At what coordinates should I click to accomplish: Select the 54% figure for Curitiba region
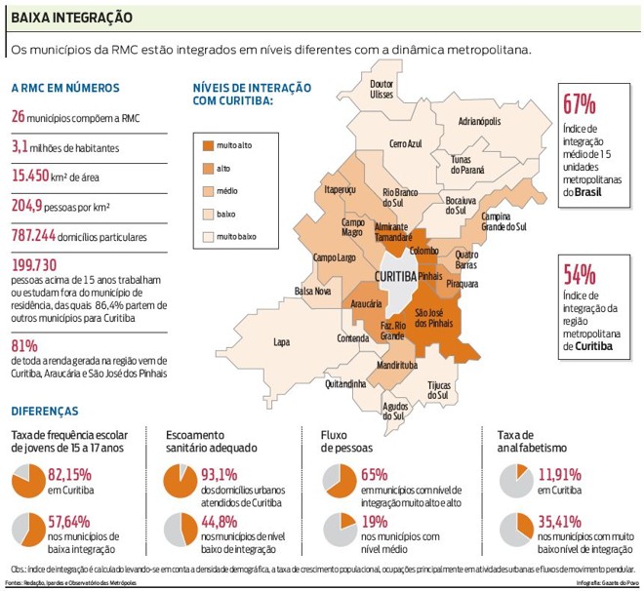click(x=578, y=274)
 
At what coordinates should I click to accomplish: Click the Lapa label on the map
click(x=282, y=342)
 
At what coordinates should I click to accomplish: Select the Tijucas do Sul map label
click(x=439, y=390)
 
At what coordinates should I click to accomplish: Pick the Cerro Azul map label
click(x=406, y=143)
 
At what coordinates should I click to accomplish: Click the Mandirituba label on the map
click(x=395, y=365)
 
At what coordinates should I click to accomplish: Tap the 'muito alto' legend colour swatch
click(x=207, y=145)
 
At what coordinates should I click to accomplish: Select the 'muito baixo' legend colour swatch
click(x=207, y=236)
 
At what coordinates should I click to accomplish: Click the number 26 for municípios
click(x=18, y=117)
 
